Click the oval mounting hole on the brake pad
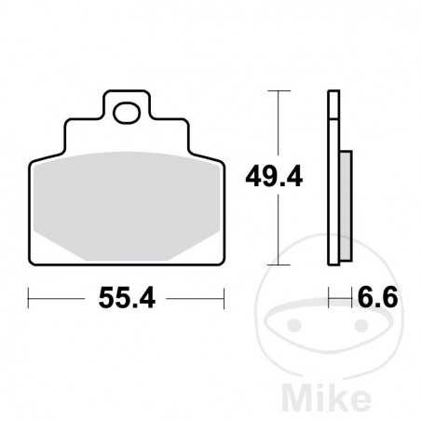pyautogui.click(x=127, y=114)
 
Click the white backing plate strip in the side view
pyautogui.click(x=332, y=186)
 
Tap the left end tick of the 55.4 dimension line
pyautogui.click(x=30, y=299)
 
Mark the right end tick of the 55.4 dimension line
pyautogui.click(x=224, y=299)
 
